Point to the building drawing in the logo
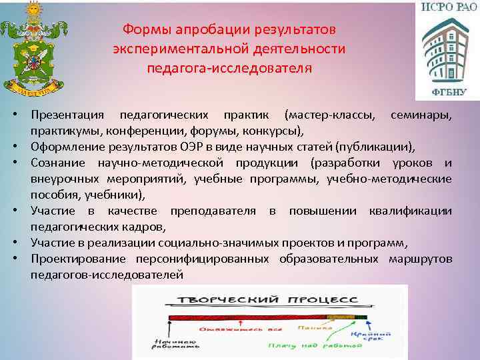point(444,51)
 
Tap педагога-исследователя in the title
point(229,68)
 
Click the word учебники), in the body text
point(115,195)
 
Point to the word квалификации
point(409,211)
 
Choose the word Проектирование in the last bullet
point(75,259)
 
